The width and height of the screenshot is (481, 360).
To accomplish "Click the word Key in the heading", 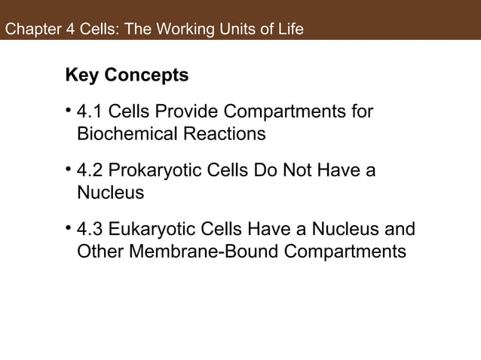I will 82,76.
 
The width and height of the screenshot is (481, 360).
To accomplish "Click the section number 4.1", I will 90,113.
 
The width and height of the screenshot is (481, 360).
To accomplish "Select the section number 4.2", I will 90,172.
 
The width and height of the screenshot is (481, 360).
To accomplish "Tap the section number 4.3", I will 90,230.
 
